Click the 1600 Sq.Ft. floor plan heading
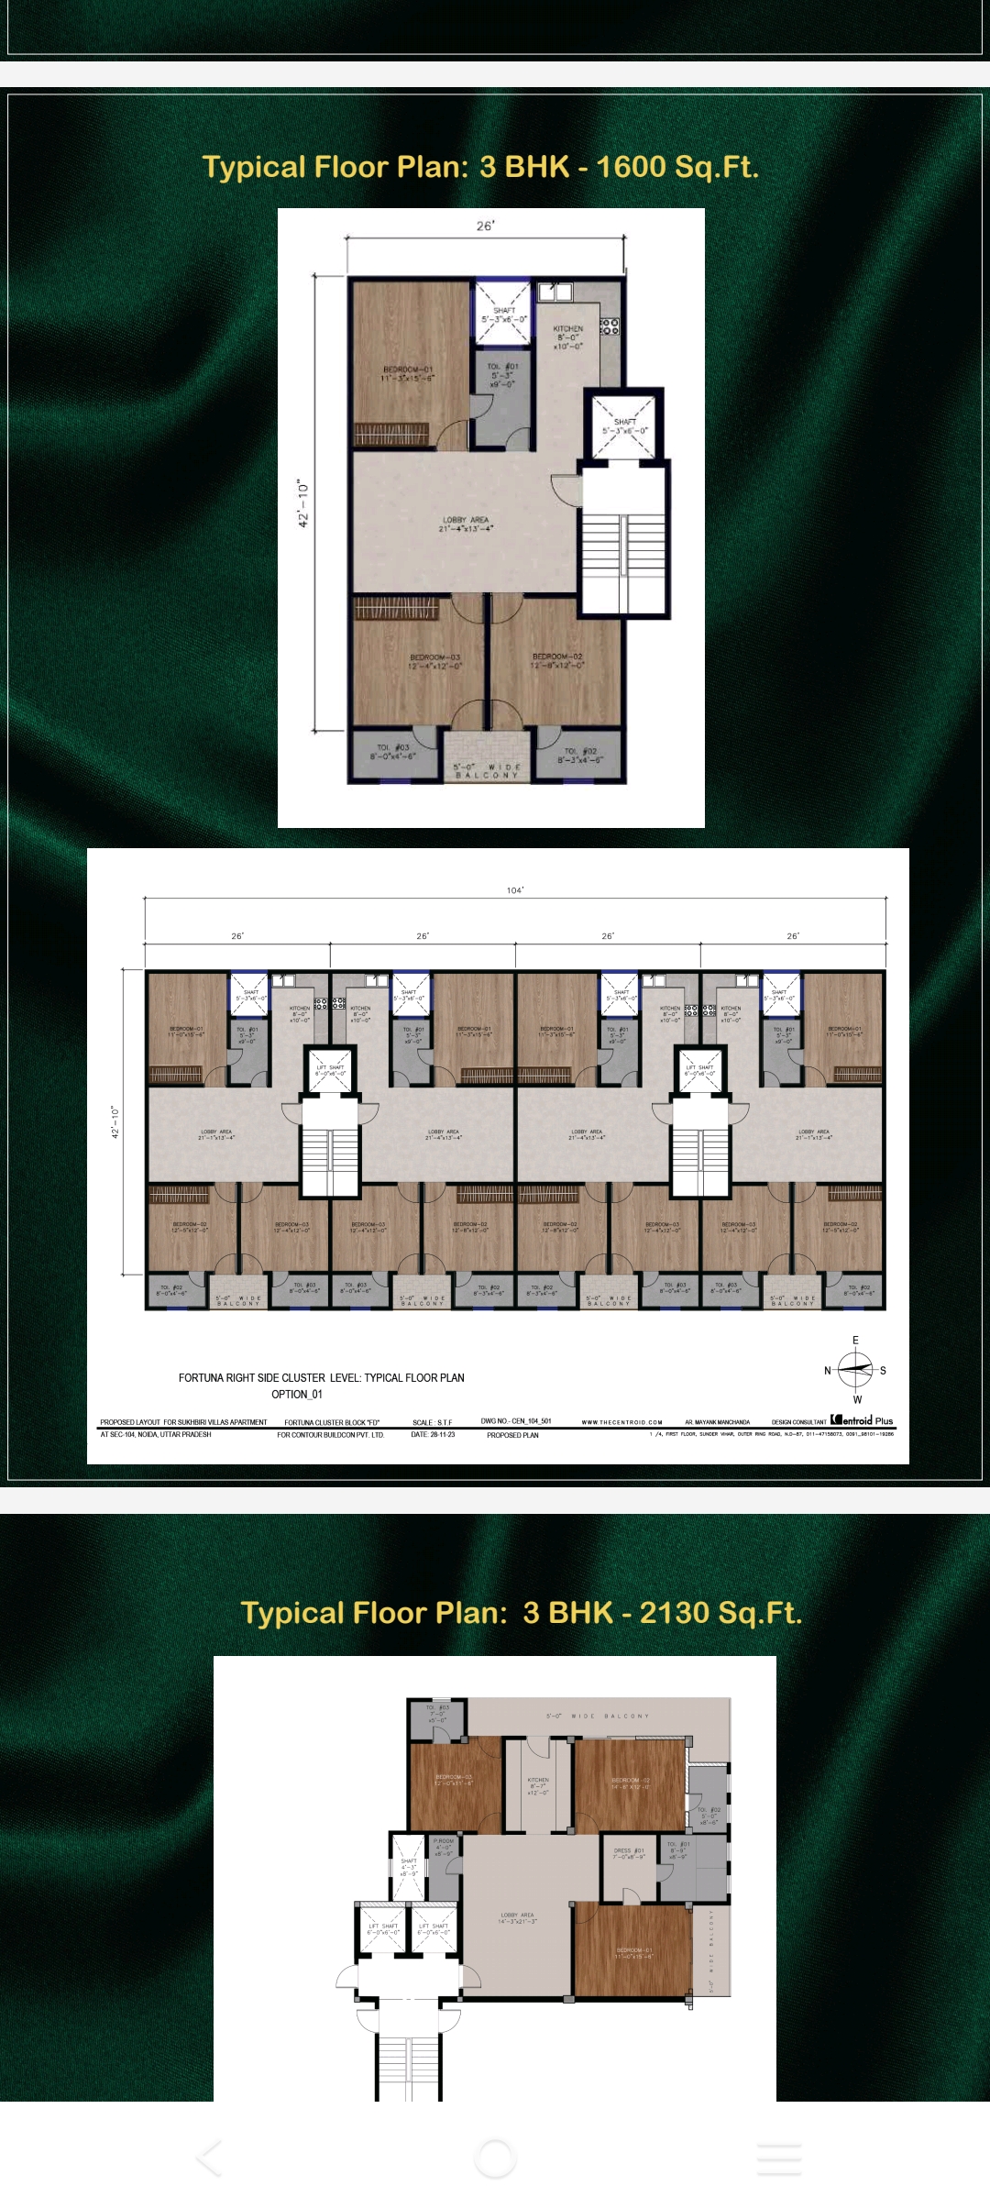click(x=480, y=167)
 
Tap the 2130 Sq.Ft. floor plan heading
click(x=521, y=1612)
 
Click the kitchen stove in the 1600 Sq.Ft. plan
click(x=610, y=326)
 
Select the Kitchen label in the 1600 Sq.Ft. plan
click(x=567, y=337)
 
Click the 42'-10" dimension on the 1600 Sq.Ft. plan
click(x=303, y=503)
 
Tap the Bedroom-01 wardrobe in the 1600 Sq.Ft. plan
click(x=397, y=434)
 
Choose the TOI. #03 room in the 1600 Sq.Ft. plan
click(x=394, y=754)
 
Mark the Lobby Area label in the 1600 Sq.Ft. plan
click(x=466, y=524)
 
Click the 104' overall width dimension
click(x=515, y=890)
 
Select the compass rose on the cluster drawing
click(x=856, y=1370)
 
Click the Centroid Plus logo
click(x=862, y=1420)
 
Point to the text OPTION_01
click(x=297, y=1395)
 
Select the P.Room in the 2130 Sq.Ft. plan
click(x=444, y=1855)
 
